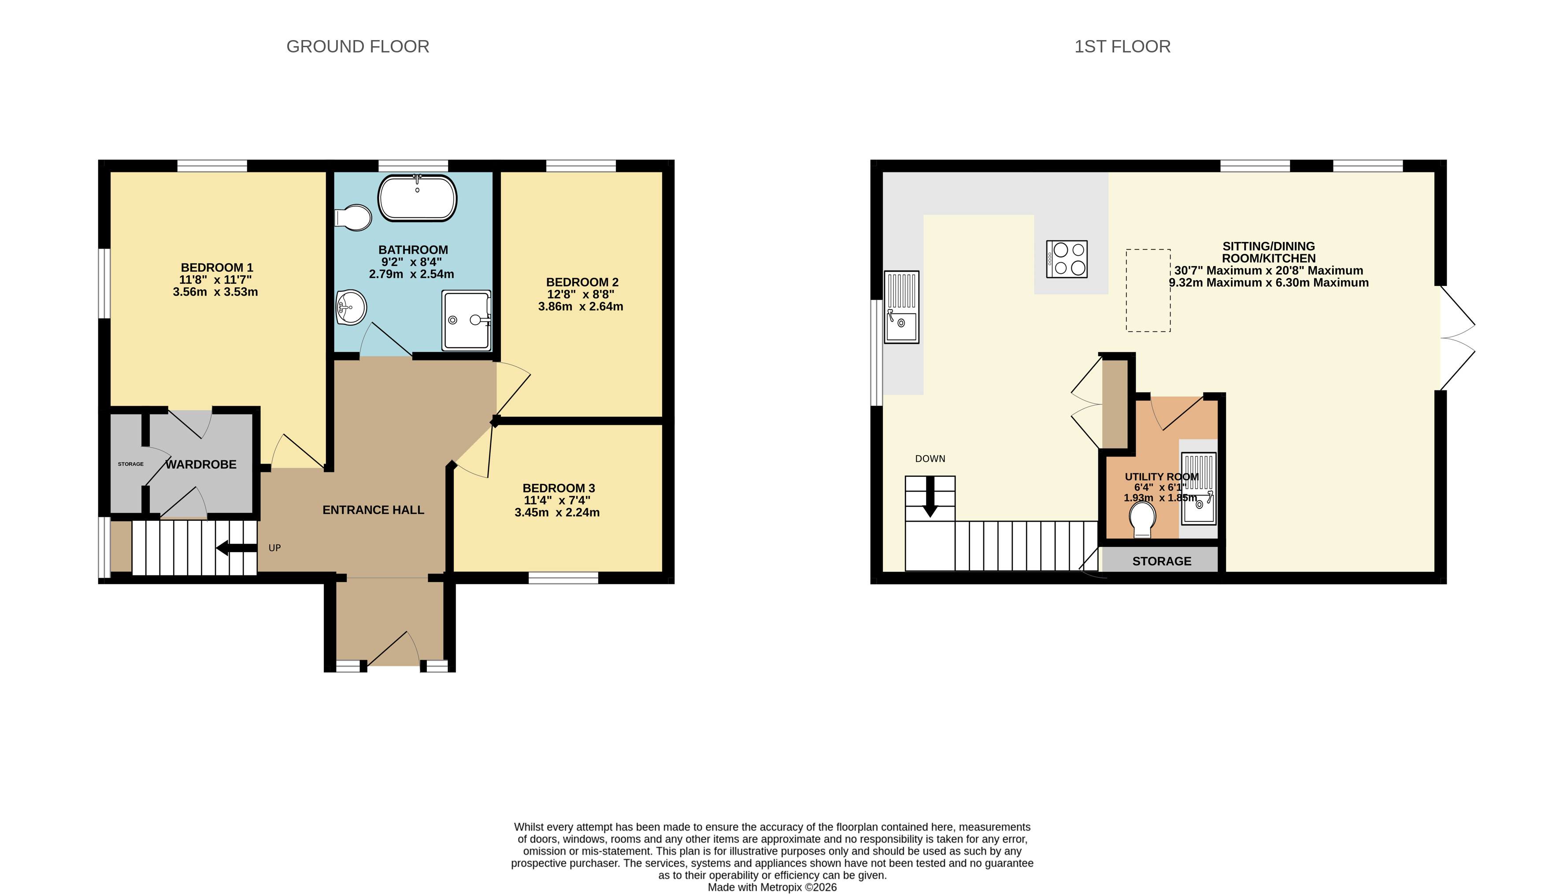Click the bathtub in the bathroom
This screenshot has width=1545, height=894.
(418, 197)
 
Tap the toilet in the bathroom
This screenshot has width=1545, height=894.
(354, 218)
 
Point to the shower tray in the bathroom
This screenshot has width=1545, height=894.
(467, 320)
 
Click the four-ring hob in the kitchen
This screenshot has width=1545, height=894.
(1067, 259)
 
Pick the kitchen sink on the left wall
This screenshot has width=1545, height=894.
(901, 307)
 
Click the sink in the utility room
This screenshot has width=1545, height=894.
(1199, 488)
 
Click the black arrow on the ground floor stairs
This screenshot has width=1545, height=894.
(237, 548)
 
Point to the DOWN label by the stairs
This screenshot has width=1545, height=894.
(930, 459)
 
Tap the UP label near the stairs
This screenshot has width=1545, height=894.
(274, 548)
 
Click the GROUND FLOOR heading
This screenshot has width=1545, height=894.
(358, 47)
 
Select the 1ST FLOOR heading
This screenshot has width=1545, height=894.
(1123, 47)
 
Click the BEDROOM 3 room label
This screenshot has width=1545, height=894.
(559, 488)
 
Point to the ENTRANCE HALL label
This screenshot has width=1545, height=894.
(374, 509)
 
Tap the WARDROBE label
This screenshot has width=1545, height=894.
(201, 464)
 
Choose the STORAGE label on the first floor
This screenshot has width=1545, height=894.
(1162, 561)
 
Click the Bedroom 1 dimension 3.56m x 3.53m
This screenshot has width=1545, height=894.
(215, 292)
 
